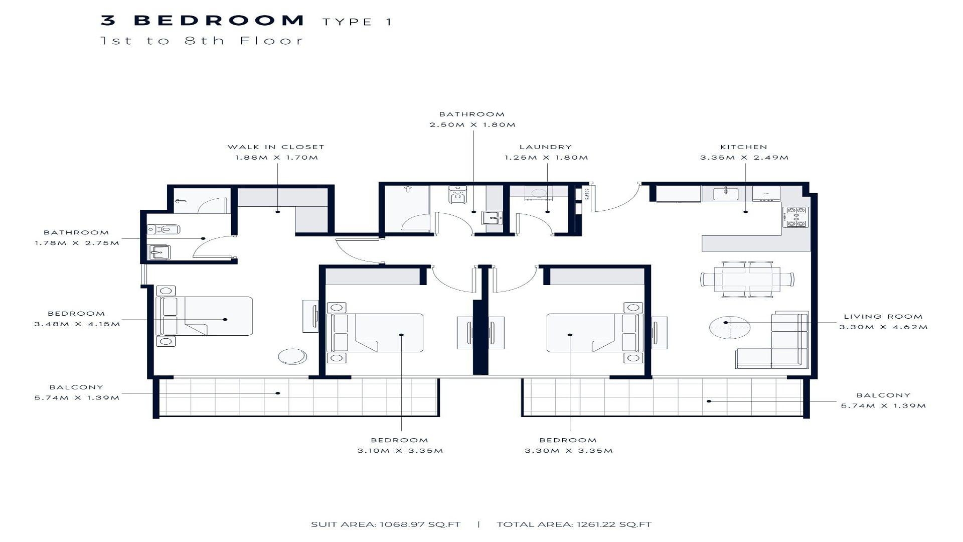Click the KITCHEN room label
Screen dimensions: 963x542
(744, 147)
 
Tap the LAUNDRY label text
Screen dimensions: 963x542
(546, 147)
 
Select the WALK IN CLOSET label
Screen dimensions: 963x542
(276, 147)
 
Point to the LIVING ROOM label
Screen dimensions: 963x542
(883, 317)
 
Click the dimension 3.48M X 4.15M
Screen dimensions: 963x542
(77, 324)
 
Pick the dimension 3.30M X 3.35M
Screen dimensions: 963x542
(569, 451)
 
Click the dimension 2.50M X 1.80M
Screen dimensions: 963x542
(472, 124)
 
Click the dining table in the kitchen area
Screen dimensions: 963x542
(747, 279)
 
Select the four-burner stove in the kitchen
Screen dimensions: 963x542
(795, 217)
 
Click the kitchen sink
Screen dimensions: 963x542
(726, 193)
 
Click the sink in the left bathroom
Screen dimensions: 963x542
(160, 252)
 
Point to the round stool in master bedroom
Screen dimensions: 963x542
(292, 356)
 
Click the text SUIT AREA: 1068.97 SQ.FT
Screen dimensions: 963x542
(386, 524)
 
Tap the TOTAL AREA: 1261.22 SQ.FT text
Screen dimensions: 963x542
(574, 524)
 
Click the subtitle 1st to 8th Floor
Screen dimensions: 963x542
(202, 41)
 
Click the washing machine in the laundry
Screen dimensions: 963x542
(538, 193)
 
